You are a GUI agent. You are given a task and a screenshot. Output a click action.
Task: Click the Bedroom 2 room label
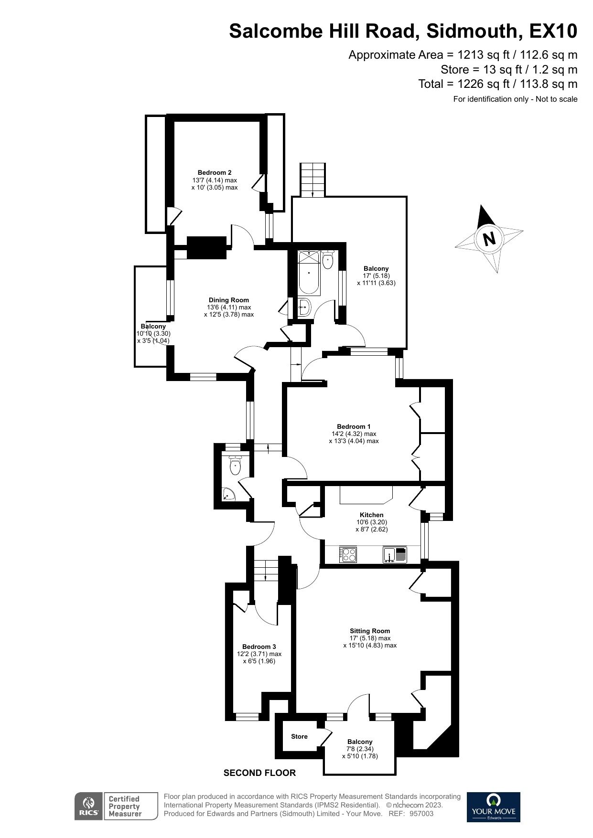click(215, 173)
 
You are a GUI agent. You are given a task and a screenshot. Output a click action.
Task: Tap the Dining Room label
click(229, 300)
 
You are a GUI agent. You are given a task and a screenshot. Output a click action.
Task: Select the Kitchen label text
click(372, 515)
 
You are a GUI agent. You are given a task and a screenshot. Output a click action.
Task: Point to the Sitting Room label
click(370, 631)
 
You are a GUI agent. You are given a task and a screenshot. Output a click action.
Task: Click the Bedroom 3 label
click(259, 647)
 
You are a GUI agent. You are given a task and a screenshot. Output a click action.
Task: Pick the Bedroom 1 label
click(354, 426)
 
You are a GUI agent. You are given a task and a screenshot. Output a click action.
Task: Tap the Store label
click(300, 736)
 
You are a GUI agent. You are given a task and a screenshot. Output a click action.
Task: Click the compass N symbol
click(489, 238)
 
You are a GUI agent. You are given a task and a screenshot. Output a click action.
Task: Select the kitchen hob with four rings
click(348, 554)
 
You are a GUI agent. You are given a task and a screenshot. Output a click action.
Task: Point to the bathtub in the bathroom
click(310, 272)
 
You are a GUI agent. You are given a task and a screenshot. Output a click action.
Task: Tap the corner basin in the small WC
click(229, 495)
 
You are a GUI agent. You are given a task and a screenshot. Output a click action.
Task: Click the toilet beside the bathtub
click(328, 259)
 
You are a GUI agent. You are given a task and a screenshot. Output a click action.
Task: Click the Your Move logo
click(493, 806)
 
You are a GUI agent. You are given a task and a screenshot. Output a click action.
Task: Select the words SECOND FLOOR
click(260, 773)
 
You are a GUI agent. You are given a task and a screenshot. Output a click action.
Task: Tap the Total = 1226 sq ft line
click(498, 84)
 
